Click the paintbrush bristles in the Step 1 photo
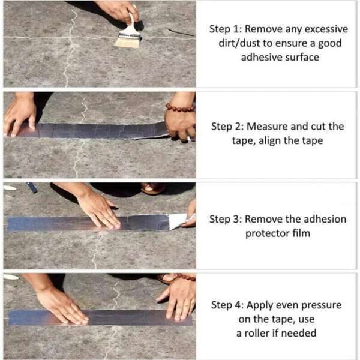pyautogui.click(x=128, y=41)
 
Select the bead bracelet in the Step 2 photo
pyautogui.click(x=180, y=108)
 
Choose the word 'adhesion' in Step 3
pyautogui.click(x=321, y=219)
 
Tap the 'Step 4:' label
pyautogui.click(x=227, y=305)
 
